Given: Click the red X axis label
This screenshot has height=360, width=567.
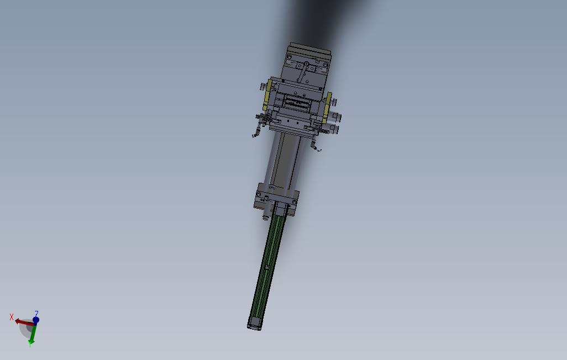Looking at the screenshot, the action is [x=12, y=317].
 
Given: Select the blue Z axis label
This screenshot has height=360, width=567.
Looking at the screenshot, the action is [x=36, y=313].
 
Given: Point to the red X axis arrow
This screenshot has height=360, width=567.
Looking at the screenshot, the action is [x=25, y=322].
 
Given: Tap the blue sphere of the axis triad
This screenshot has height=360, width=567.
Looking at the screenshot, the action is [x=36, y=320].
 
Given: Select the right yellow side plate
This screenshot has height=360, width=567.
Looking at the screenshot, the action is [x=327, y=107].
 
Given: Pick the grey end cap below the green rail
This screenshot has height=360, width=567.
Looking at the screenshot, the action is [x=255, y=323].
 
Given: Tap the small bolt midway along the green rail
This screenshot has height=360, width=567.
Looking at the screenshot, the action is [x=267, y=267].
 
